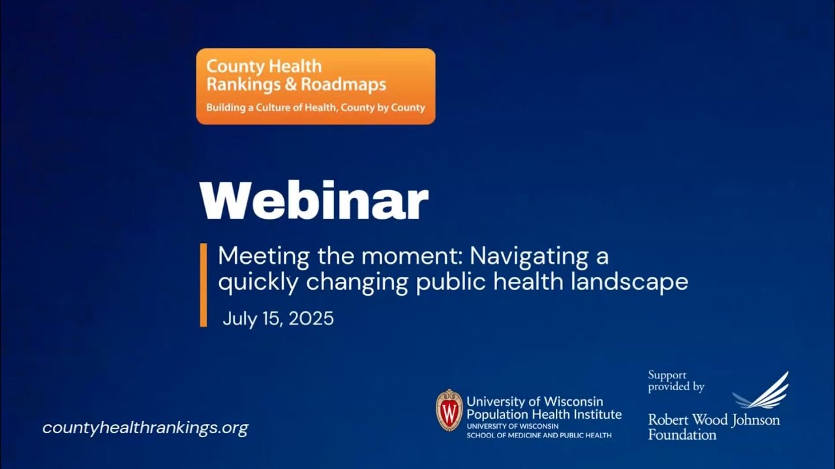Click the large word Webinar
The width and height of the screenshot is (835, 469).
pos(314,201)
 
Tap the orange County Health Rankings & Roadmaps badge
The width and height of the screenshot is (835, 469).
pos(316,86)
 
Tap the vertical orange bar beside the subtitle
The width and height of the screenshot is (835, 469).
pos(204,285)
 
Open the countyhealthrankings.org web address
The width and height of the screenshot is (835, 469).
pos(145,428)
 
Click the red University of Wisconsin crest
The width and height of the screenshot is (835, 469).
pos(449,410)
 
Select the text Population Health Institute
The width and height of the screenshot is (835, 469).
pos(543,414)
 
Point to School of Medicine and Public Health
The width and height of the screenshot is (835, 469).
pos(539,434)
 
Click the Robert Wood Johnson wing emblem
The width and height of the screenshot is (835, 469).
pos(761,391)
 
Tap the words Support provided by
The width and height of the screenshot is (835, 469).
pos(676,381)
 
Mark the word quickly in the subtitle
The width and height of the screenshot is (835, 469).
pos(258,281)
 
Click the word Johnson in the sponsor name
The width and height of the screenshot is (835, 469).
pos(755,419)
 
